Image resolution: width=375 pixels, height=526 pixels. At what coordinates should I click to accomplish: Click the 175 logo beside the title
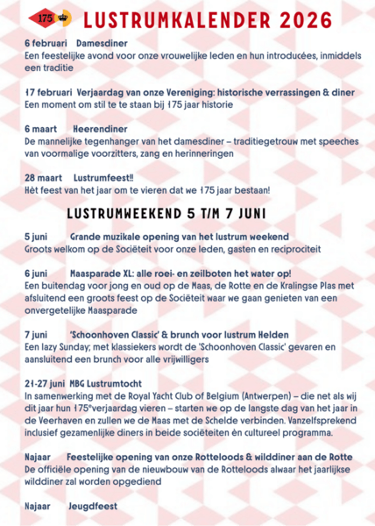point(43,18)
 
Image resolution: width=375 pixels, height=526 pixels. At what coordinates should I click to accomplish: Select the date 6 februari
point(45,42)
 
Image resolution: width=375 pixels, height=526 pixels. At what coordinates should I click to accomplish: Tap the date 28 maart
point(44,177)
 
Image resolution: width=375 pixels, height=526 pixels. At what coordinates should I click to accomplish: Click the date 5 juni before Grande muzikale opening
point(37,237)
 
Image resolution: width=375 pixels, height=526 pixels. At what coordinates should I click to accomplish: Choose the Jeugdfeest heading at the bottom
point(92,505)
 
